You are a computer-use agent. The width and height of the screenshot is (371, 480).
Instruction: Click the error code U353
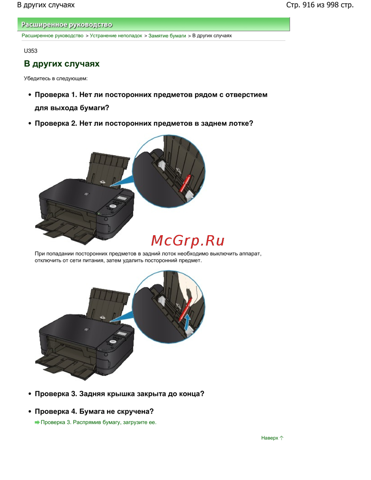pos(30,51)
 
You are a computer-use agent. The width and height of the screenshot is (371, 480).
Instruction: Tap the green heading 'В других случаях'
pos(62,64)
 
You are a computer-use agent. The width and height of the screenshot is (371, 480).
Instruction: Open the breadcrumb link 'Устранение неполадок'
pos(116,36)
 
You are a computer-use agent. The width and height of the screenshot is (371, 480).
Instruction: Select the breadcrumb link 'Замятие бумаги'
pos(167,36)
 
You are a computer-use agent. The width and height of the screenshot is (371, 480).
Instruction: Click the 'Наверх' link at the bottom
pos(270,438)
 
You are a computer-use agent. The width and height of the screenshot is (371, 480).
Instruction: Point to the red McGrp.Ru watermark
pos(188,241)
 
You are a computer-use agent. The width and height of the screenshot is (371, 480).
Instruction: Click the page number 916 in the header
pos(309,5)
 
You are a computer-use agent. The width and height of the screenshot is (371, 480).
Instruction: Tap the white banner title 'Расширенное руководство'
pos(67,24)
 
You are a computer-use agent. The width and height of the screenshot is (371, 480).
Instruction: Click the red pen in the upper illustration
pos(185,183)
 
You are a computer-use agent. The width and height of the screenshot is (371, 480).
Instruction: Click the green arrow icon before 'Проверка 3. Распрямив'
pos(37,423)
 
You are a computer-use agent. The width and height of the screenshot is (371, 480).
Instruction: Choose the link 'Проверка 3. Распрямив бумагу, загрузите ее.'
pos(98,423)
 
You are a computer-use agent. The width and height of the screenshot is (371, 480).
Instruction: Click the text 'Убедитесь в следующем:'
pos(56,79)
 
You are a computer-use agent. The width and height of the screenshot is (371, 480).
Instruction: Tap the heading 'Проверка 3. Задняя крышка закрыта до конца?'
pos(119,394)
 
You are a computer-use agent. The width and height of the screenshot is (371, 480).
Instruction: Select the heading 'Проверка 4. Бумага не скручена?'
pos(94,411)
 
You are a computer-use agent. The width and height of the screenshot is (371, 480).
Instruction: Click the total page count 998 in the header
pos(332,5)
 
